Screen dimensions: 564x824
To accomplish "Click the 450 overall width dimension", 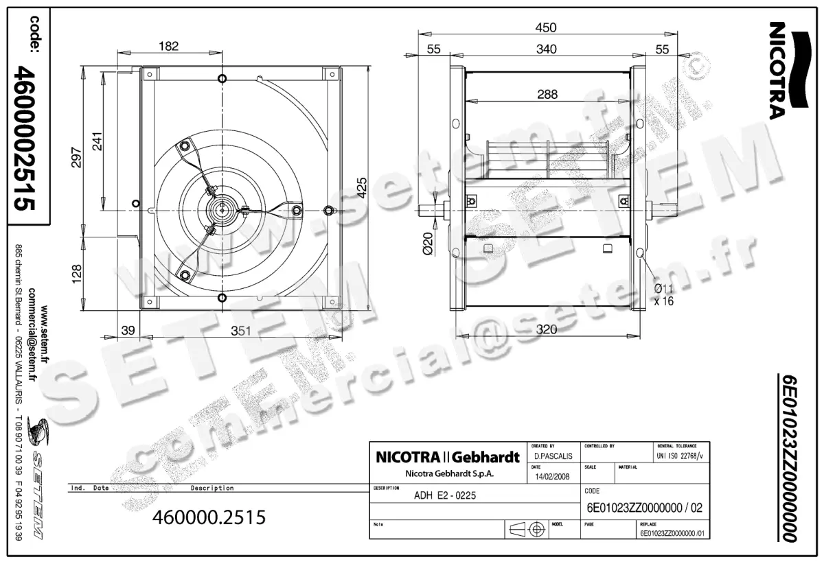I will pos(547,27).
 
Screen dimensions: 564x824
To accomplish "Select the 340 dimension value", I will pos(547,49).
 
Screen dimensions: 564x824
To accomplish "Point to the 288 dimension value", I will pos(547,95).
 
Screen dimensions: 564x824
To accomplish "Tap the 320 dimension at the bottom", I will pos(547,329).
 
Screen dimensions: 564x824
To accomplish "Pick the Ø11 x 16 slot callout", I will pos(663,294).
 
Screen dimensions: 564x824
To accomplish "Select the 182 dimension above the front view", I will pos(168,47).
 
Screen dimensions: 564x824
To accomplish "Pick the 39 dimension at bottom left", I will pos(127,331).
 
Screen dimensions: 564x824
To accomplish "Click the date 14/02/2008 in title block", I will pos(551,476).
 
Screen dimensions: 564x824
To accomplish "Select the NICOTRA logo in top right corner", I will pos(780,69).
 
